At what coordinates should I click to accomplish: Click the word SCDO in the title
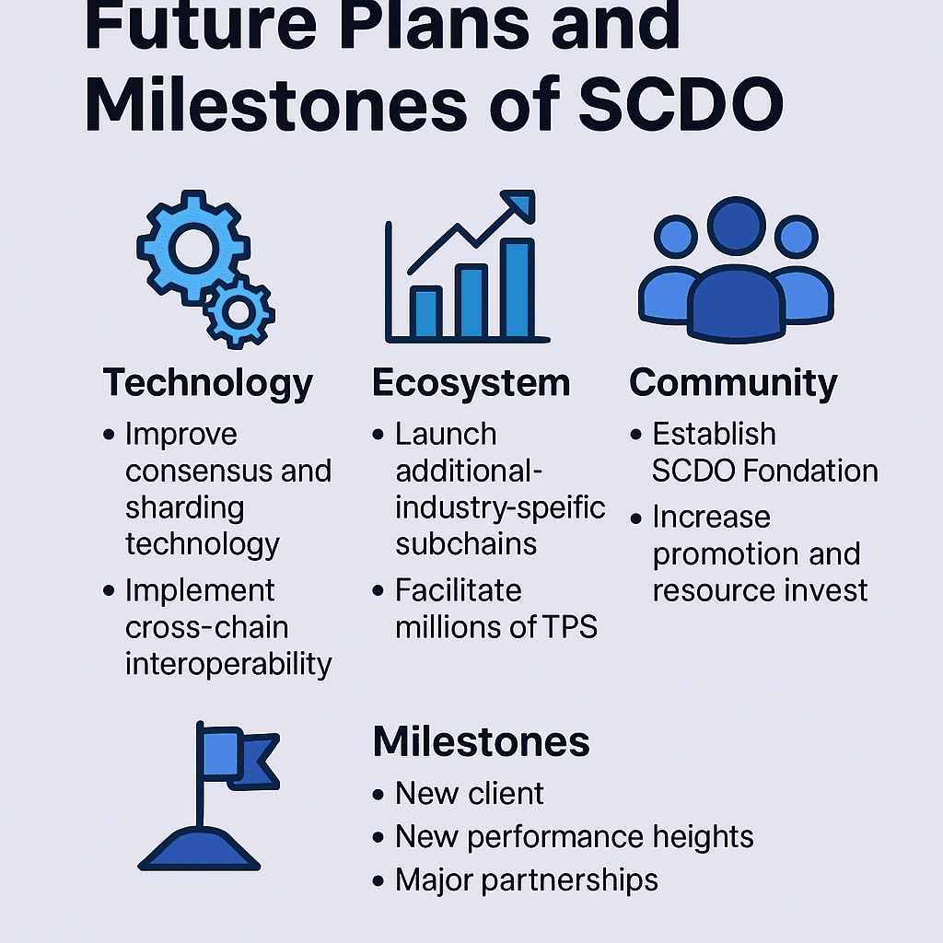click(681, 103)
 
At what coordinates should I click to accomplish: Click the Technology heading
click(207, 384)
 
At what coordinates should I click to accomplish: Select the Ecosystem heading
click(471, 383)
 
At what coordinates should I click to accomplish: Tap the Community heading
click(733, 383)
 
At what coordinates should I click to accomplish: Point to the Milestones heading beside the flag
click(481, 741)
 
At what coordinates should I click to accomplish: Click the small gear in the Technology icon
click(239, 312)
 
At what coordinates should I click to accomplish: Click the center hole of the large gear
click(193, 249)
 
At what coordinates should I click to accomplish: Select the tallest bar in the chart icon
click(518, 287)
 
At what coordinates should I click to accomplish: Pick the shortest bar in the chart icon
click(425, 311)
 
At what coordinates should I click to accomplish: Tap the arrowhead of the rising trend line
click(519, 204)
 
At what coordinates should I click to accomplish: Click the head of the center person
click(736, 227)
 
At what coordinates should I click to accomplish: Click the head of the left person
click(676, 237)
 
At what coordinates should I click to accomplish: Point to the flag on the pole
click(240, 758)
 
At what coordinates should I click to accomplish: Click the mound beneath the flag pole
click(199, 848)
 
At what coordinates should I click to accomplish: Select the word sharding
click(184, 508)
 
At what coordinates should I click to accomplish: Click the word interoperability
click(228, 665)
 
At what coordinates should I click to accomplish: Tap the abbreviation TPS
click(570, 627)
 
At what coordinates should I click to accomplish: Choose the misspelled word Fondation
click(810, 471)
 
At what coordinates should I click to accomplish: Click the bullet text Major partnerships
click(527, 880)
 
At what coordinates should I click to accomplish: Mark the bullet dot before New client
click(378, 795)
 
